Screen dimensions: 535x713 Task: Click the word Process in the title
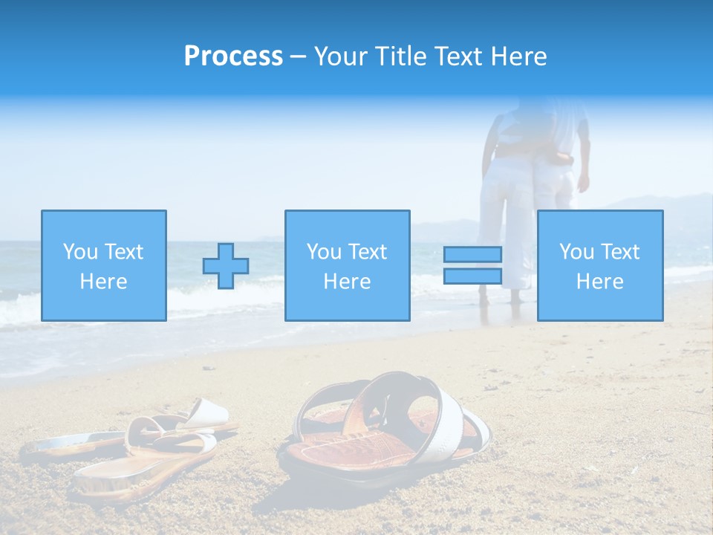click(x=233, y=56)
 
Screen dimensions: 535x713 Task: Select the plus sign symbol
click(x=226, y=266)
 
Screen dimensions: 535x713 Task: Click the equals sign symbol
click(x=472, y=265)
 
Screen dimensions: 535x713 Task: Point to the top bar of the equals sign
click(x=472, y=254)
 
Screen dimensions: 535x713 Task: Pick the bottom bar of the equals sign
click(x=472, y=276)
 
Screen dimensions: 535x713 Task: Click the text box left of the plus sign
click(x=103, y=265)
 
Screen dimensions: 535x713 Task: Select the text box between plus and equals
click(x=347, y=265)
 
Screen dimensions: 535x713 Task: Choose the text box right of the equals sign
click(x=599, y=265)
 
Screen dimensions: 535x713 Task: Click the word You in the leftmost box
click(x=79, y=251)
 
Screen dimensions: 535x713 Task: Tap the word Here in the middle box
click(x=347, y=282)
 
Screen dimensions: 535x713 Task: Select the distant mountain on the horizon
click(x=668, y=208)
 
